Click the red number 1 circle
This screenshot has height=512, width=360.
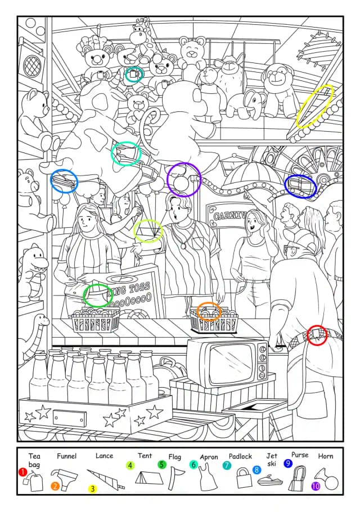pyautogui.click(x=22, y=472)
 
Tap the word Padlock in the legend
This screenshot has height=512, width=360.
pyautogui.click(x=240, y=456)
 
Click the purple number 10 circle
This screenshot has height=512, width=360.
pyautogui.click(x=316, y=486)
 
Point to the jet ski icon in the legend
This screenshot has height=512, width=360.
pyautogui.click(x=270, y=480)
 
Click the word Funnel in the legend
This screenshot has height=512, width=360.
pyautogui.click(x=66, y=456)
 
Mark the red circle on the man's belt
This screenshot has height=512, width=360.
pyautogui.click(x=317, y=335)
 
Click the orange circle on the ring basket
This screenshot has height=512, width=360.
pyautogui.click(x=209, y=311)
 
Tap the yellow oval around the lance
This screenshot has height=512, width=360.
pyautogui.click(x=315, y=106)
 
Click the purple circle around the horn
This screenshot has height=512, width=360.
pyautogui.click(x=184, y=179)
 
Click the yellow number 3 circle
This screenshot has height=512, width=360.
pyautogui.click(x=93, y=489)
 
